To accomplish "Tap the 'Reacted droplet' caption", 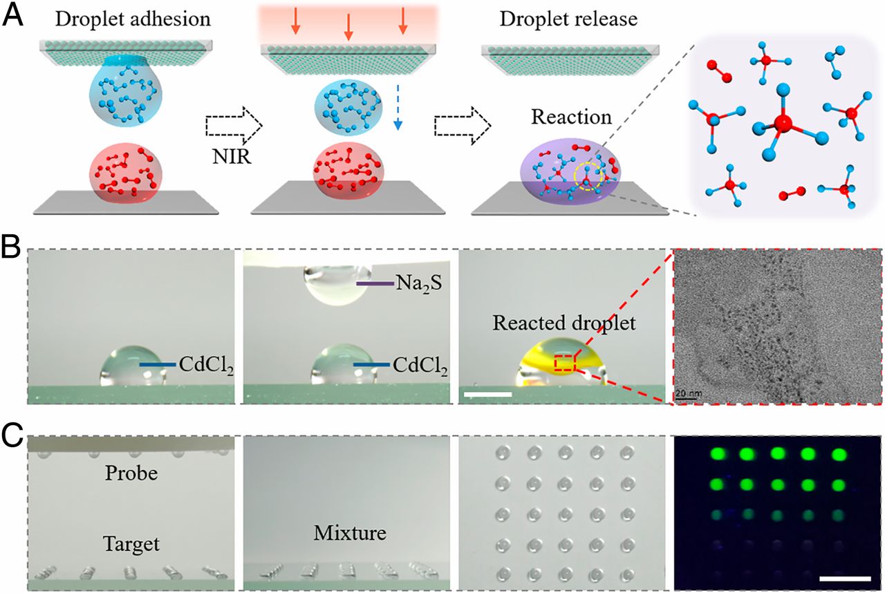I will (565, 323).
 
